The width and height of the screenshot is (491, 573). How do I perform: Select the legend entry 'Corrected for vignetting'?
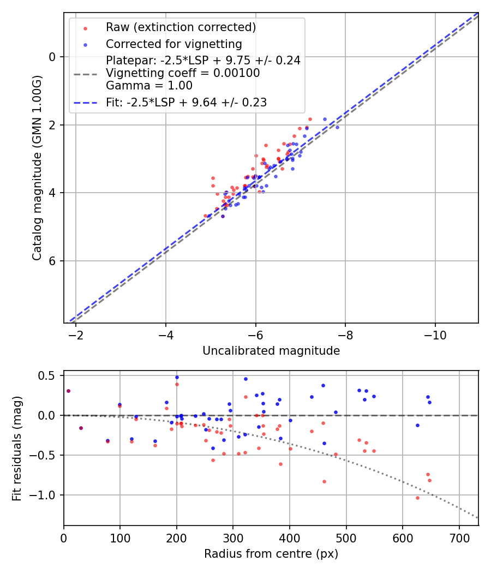click(x=173, y=44)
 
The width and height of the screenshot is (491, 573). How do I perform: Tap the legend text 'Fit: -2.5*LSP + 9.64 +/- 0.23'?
click(x=186, y=103)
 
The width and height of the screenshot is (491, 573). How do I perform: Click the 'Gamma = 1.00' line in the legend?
click(x=149, y=86)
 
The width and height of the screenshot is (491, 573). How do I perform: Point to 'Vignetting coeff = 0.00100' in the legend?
click(x=183, y=73)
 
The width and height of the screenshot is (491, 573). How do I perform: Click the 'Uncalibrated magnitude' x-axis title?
click(x=271, y=351)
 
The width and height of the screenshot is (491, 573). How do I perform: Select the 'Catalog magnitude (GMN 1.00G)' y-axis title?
click(x=37, y=168)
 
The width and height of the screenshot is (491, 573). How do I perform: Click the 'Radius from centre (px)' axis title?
click(x=271, y=554)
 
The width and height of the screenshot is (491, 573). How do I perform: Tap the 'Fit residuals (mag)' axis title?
click(x=17, y=449)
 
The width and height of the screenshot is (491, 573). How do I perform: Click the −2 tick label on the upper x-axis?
click(x=76, y=333)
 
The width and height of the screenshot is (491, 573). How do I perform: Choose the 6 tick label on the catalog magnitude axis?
click(x=52, y=261)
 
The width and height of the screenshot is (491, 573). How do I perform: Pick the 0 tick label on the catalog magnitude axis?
click(x=52, y=57)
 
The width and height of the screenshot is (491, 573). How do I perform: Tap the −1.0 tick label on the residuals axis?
click(x=46, y=495)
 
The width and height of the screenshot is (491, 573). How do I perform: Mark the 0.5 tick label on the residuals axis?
click(x=49, y=375)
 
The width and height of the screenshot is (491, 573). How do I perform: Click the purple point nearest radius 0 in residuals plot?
click(x=68, y=391)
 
